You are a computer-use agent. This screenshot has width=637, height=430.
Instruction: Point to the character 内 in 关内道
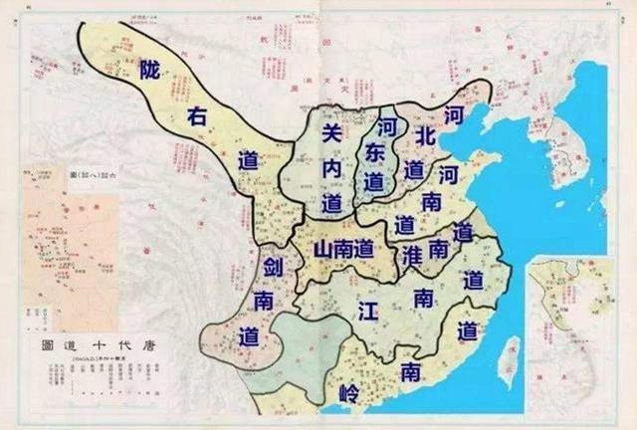[332, 169]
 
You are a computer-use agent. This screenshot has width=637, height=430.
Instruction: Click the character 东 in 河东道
[374, 153]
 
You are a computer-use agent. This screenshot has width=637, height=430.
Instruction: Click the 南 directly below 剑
[263, 301]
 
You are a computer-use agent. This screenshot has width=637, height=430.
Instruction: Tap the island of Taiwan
[508, 359]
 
